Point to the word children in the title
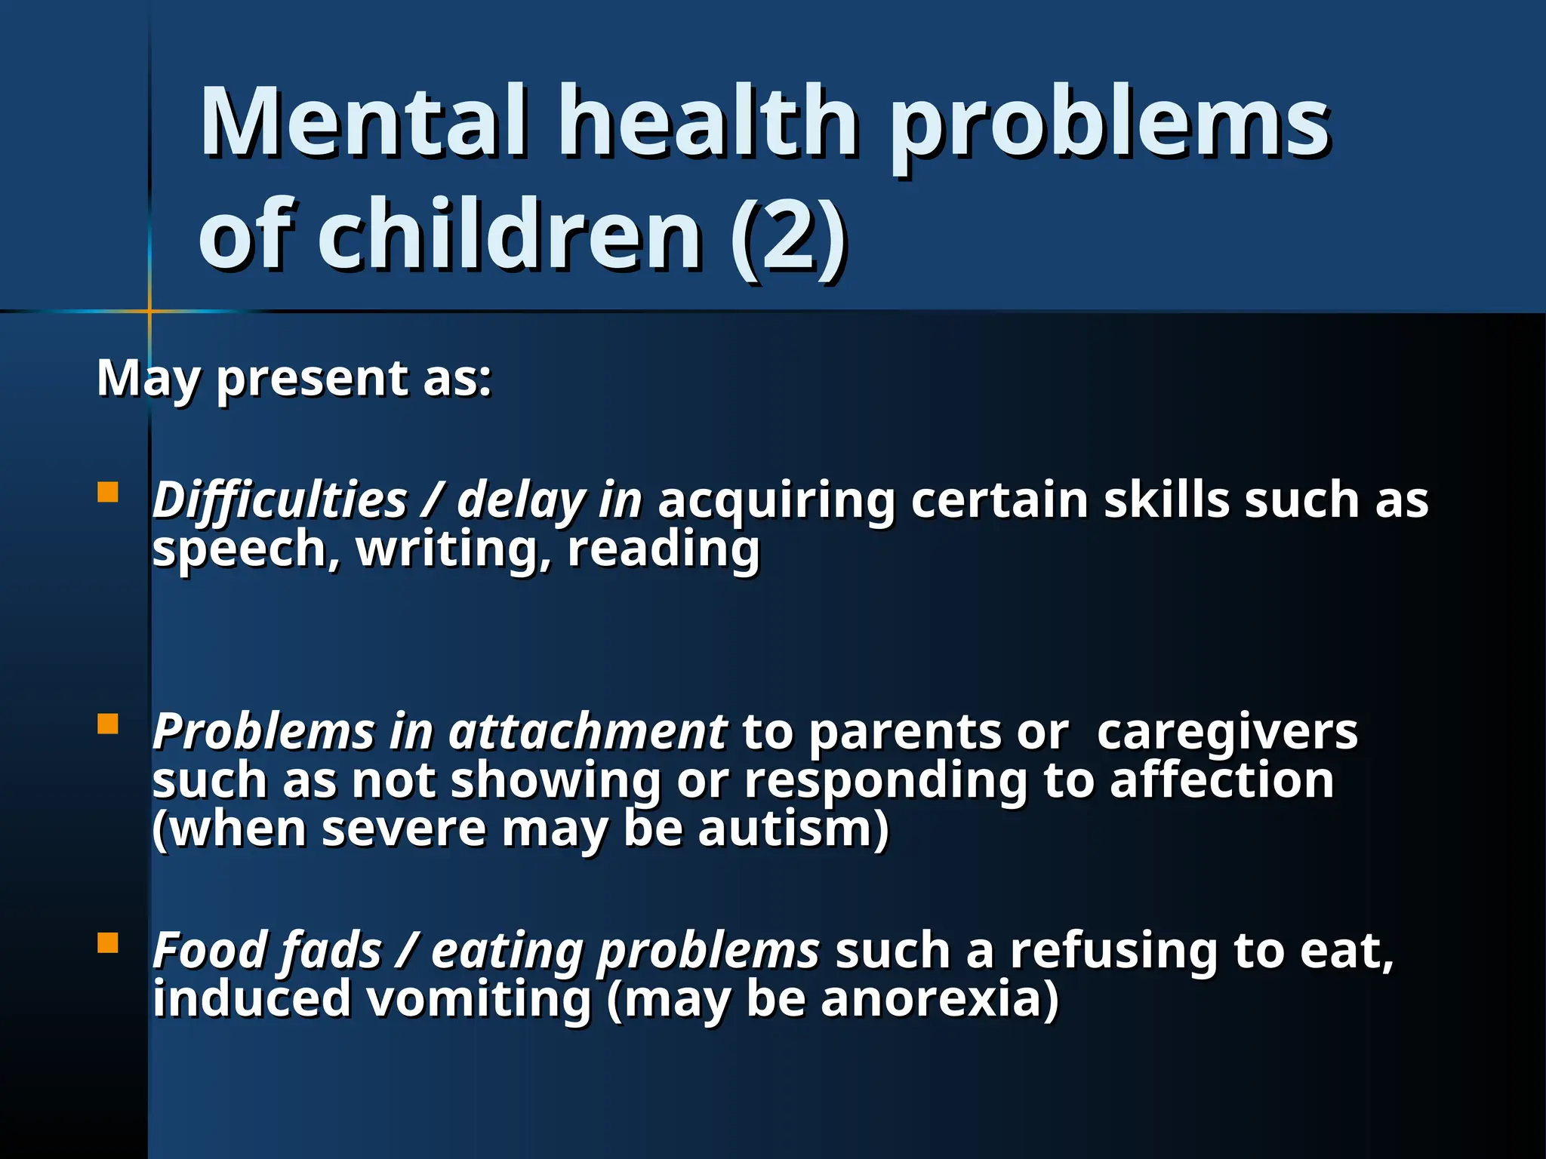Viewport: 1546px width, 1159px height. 510,235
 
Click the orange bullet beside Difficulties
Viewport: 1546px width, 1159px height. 108,493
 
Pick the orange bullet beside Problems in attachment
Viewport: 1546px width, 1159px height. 108,724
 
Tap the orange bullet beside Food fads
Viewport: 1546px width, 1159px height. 108,943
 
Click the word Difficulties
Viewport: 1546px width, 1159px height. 280,500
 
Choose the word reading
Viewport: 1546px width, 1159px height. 664,549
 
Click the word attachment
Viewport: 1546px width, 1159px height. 588,732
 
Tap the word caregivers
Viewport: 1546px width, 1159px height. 1227,732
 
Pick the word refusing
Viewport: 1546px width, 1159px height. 1114,950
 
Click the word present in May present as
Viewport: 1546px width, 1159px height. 312,378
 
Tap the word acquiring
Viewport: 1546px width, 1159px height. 776,500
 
